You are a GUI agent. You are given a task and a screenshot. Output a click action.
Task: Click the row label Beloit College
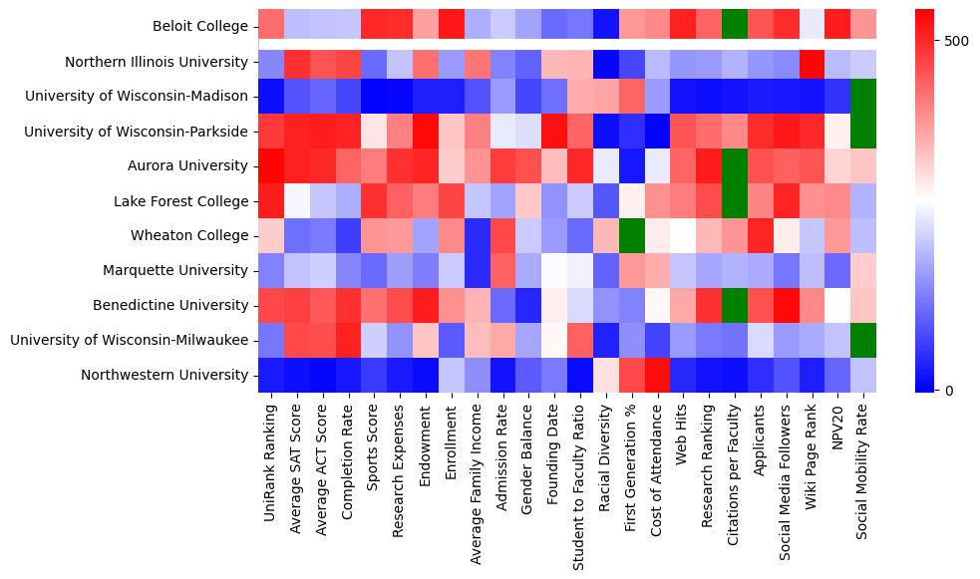click(x=200, y=27)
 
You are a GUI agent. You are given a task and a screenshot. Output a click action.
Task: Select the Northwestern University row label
click(x=164, y=376)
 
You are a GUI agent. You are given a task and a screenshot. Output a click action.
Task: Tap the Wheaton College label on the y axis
click(x=189, y=236)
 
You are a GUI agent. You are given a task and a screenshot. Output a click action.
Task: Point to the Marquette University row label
click(x=175, y=271)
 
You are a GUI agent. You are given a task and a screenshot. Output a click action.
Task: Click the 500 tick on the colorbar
click(x=956, y=41)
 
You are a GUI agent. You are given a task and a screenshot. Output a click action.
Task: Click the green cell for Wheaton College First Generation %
click(x=632, y=236)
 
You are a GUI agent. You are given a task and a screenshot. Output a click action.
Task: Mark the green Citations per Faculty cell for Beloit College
click(x=735, y=27)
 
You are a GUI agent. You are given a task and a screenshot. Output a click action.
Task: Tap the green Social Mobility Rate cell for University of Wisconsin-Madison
click(x=864, y=97)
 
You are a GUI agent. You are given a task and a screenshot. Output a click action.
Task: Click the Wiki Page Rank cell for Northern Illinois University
click(x=813, y=62)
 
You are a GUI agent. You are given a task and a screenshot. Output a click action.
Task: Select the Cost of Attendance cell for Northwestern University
click(x=658, y=376)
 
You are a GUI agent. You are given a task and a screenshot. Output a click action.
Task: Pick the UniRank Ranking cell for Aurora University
click(x=270, y=166)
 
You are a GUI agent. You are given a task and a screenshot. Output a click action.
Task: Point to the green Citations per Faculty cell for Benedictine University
click(x=735, y=306)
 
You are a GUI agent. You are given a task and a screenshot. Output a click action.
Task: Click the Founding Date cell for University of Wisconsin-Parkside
click(x=554, y=132)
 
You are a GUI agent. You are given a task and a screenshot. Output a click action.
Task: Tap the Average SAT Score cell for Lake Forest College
click(x=296, y=201)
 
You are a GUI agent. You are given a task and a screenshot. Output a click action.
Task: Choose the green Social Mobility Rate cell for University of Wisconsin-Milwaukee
click(x=864, y=341)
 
